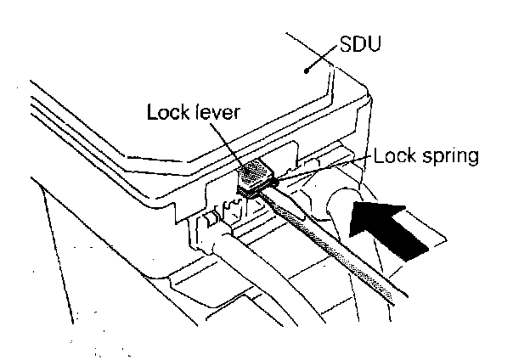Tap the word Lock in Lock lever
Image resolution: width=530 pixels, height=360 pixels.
(x=166, y=113)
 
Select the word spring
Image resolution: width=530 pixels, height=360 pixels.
(x=449, y=156)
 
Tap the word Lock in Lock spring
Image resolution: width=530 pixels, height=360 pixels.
(x=392, y=155)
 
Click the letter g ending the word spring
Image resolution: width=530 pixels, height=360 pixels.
(x=474, y=158)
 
